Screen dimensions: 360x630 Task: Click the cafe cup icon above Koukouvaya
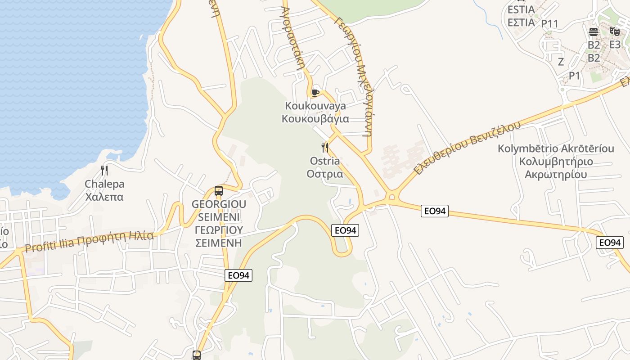[315, 93]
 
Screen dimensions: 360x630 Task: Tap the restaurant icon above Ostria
[324, 147]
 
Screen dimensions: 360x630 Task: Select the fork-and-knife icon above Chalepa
[104, 170]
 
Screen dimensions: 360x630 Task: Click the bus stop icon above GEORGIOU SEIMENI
[219, 191]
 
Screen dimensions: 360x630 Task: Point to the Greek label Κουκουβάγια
[315, 119]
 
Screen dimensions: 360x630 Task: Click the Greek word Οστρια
[325, 174]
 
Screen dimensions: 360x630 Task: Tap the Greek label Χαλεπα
[104, 197]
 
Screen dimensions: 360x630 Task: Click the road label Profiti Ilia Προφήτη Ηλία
[89, 242]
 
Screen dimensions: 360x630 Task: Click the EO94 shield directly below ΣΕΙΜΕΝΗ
[238, 275]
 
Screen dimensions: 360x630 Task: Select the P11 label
[549, 23]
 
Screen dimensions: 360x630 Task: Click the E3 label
[615, 45]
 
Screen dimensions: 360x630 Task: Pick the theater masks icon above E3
[614, 31]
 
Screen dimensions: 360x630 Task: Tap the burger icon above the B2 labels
[594, 31]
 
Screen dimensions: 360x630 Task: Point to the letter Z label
[561, 62]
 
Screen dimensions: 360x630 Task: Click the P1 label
[575, 76]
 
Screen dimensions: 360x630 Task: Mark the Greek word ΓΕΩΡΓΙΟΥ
[219, 230]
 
